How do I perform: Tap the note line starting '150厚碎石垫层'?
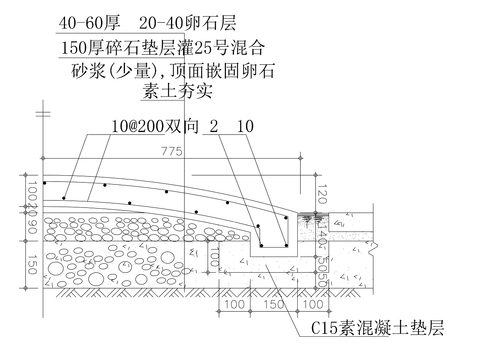click(162, 46)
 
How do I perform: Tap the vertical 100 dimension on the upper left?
click(31, 189)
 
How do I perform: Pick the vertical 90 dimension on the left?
click(31, 227)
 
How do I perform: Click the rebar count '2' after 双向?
click(213, 128)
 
